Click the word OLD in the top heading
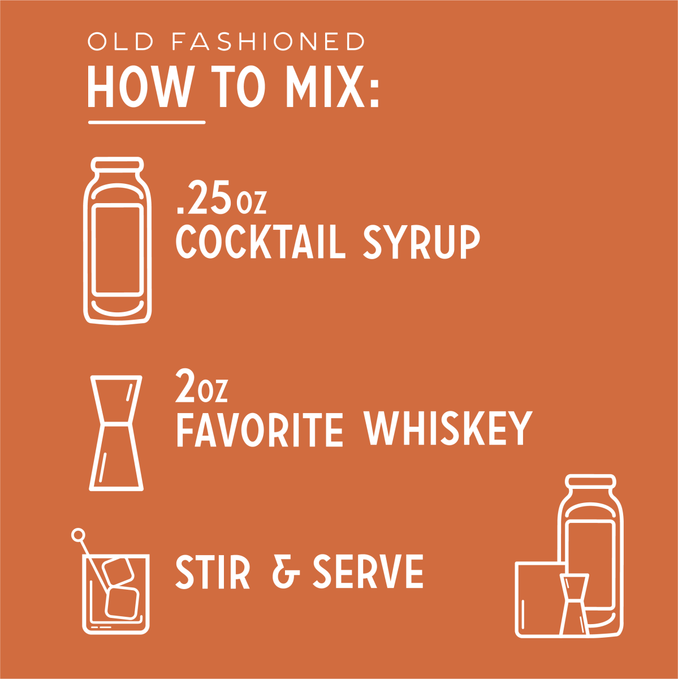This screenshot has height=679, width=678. (x=121, y=41)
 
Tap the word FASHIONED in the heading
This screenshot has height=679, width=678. (x=269, y=41)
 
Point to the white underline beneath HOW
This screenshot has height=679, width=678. (x=146, y=123)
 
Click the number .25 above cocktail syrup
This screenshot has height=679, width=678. (x=203, y=197)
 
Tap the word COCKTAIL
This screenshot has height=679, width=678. (x=261, y=243)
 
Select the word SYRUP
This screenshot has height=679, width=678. (x=422, y=243)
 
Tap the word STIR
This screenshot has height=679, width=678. (x=213, y=571)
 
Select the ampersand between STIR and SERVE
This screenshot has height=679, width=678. (x=286, y=571)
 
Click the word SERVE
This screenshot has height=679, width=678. (x=368, y=571)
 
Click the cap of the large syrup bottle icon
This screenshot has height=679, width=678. (x=117, y=164)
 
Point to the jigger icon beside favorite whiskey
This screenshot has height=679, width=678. (x=116, y=433)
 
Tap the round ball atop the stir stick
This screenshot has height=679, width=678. (x=78, y=535)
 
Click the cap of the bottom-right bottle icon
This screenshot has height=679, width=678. (x=591, y=482)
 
